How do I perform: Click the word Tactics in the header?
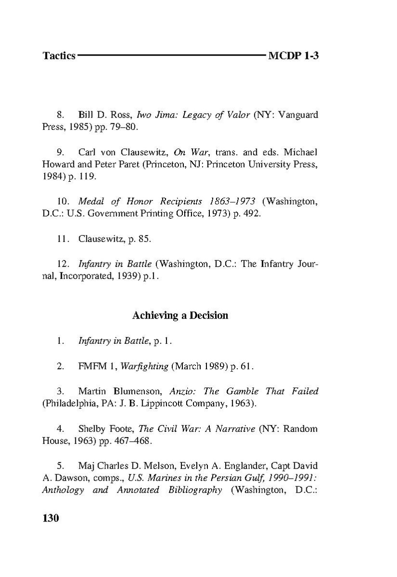[x=59, y=56]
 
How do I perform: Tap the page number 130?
[x=51, y=518]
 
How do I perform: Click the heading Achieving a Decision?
[x=180, y=316]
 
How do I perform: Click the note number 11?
[x=62, y=239]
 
